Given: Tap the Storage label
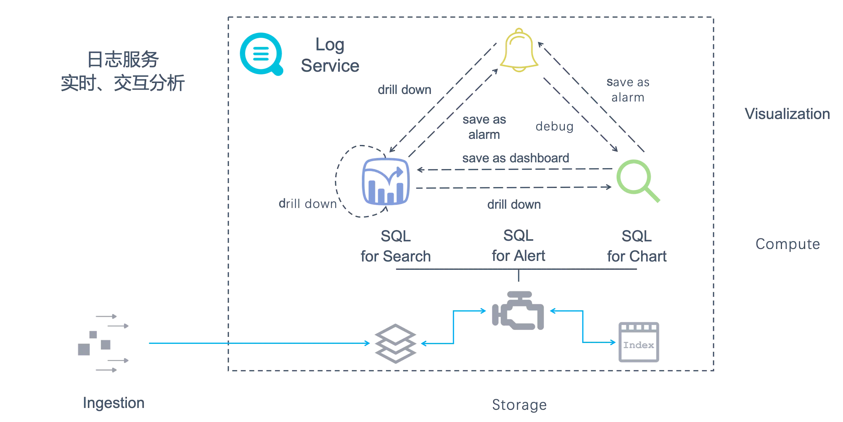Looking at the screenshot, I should (519, 404).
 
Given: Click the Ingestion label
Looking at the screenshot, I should (113, 403).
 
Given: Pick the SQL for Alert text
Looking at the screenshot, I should (518, 245).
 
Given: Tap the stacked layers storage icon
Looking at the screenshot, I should (395, 344).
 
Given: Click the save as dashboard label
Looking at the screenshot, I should (516, 158).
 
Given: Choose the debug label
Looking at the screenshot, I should (554, 127).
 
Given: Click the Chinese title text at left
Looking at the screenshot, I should (123, 72).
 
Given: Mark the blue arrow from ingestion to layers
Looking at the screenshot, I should (259, 343).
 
